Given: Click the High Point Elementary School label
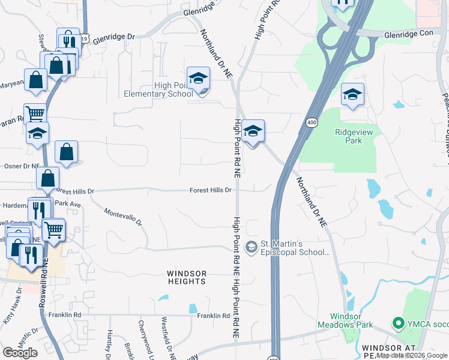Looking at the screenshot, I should point(158,89).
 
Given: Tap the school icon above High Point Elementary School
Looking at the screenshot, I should point(198,79).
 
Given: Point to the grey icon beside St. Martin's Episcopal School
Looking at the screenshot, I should point(252,245).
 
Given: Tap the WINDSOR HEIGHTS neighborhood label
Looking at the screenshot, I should point(187,277).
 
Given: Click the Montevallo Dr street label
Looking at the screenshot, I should point(122,217).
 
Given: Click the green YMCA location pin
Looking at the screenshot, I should point(397,323).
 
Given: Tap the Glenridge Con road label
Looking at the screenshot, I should point(408,35).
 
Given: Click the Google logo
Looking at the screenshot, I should point(20,353).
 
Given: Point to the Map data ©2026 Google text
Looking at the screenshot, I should point(412,355).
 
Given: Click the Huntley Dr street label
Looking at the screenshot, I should point(109,340).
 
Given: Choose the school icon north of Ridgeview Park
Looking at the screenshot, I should point(353,94).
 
